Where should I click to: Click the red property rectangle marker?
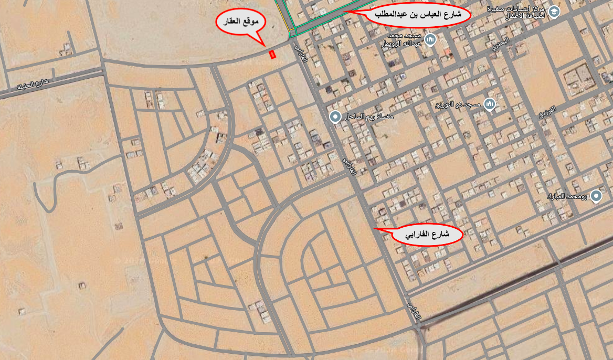pos(272,54)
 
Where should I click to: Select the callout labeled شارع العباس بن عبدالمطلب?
pos(418,15)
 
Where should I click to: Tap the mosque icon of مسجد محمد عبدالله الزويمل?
pos(430,39)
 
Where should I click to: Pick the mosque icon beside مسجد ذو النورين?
pos(489,104)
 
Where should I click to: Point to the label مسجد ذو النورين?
pos(458,105)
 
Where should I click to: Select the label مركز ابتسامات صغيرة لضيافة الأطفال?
pos(524,12)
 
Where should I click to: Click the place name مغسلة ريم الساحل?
pos(369,117)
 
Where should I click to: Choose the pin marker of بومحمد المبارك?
pos(596,196)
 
